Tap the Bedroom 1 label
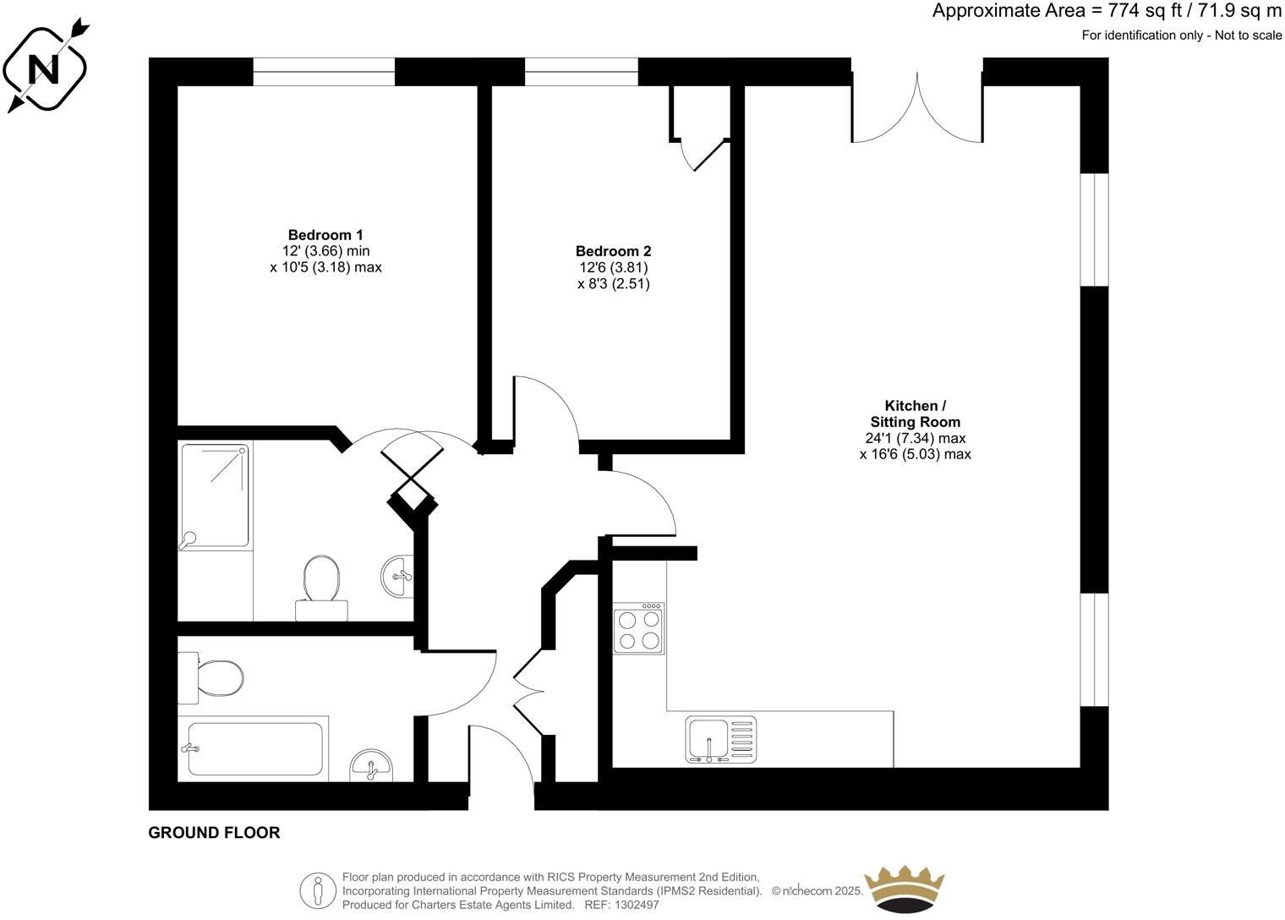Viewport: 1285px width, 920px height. point(325,235)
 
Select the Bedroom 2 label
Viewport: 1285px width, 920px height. point(613,251)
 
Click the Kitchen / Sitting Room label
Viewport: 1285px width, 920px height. point(915,413)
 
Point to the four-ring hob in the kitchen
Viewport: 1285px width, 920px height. point(638,628)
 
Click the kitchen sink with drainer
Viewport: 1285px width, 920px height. point(721,740)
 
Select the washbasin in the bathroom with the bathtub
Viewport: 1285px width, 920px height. point(371,765)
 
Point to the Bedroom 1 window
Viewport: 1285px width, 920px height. point(324,72)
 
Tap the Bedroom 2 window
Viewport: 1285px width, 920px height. point(581,72)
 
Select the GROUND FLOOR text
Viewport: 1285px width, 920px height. point(214,833)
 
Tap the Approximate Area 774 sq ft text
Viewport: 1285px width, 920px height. point(1106,11)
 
